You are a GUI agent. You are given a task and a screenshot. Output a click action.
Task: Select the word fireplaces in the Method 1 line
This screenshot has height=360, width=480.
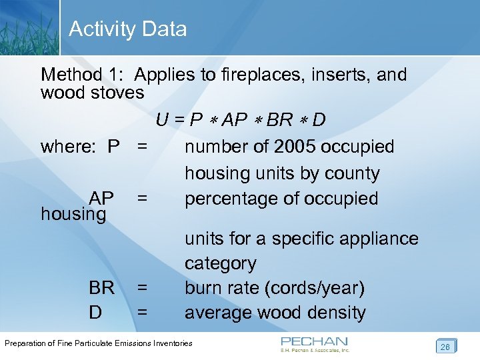pos(240,75)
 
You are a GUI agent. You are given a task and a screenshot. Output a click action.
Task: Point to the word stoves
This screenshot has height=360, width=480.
pos(118,93)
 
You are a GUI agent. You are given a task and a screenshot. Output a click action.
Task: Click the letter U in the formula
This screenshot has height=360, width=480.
pos(162,120)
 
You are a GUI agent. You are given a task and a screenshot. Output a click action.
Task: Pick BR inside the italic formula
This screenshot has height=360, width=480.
pos(279,120)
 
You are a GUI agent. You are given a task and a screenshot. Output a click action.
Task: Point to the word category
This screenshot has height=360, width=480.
pos(220,263)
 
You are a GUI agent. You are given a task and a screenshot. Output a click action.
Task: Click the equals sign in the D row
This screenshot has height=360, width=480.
pos(141,313)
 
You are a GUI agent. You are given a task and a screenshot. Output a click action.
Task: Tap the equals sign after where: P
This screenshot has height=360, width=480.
pos(141,147)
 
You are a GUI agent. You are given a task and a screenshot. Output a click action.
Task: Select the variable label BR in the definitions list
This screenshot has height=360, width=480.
pos(101,288)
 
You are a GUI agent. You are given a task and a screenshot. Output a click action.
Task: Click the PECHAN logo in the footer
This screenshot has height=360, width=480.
pos(314,343)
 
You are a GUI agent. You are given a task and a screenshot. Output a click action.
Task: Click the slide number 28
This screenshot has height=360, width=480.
pos(445,346)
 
